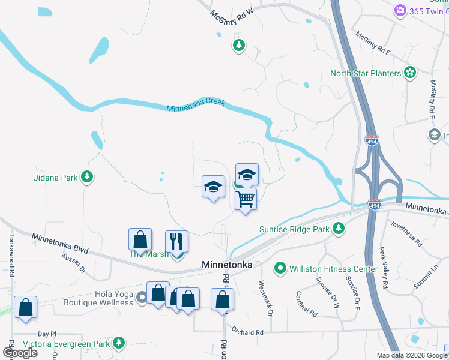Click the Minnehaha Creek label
click(196, 106)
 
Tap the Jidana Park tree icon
click(88, 176)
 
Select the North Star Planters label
click(365, 73)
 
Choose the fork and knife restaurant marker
click(176, 241)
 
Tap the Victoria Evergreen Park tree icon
click(119, 343)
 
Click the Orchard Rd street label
click(247, 332)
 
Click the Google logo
click(20, 352)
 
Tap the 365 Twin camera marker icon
click(400, 10)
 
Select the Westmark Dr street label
click(265, 298)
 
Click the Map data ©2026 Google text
click(412, 355)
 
